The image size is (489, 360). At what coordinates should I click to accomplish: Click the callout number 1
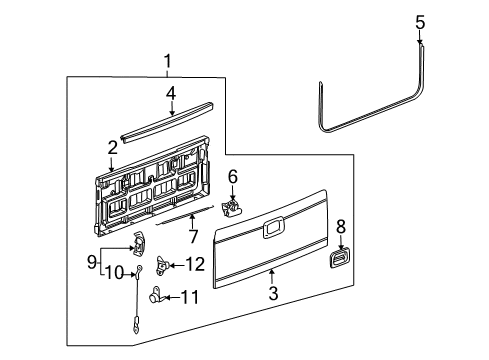click(168, 62)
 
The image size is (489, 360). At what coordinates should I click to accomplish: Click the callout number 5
click(420, 21)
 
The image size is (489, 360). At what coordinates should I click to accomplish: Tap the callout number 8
click(340, 227)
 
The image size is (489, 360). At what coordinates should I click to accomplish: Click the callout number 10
click(115, 272)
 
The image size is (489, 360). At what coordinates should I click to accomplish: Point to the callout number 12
click(195, 264)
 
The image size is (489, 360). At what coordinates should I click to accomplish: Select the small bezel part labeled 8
click(340, 259)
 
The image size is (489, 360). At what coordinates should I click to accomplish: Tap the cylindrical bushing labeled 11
click(159, 295)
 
